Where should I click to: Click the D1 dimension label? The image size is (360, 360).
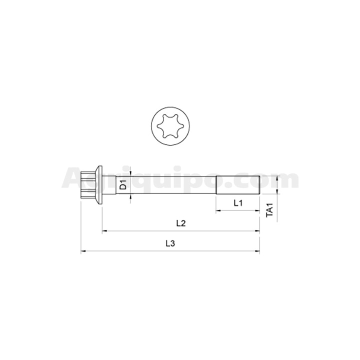click(x=123, y=185)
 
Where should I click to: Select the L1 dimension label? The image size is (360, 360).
click(x=238, y=203)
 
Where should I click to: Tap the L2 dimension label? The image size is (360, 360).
click(x=181, y=223)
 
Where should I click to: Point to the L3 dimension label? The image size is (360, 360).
click(x=170, y=243)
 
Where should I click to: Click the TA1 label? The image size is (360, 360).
click(x=269, y=209)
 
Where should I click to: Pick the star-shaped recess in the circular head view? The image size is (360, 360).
click(x=170, y=126)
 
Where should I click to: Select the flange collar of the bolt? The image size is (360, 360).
click(x=99, y=185)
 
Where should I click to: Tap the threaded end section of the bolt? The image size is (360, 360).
click(x=238, y=185)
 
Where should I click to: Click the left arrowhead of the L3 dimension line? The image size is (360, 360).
click(x=83, y=251)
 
